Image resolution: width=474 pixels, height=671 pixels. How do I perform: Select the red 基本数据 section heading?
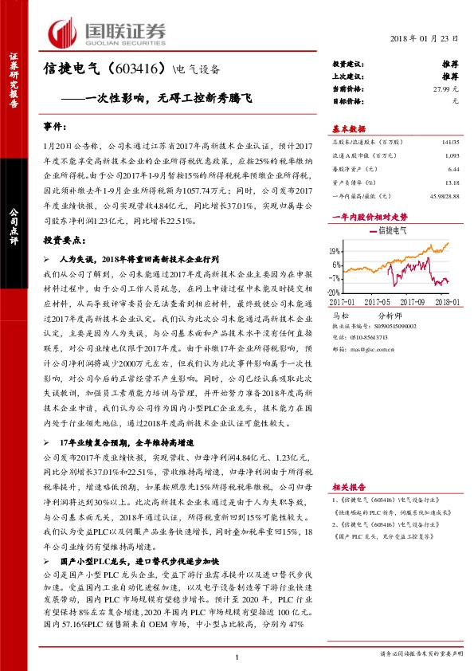(x=348, y=129)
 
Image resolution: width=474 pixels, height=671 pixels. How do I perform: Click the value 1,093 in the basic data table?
(x=452, y=155)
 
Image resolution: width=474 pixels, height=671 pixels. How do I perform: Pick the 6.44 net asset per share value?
(x=454, y=170)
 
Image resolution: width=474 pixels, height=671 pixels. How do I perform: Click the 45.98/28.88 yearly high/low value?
(x=443, y=196)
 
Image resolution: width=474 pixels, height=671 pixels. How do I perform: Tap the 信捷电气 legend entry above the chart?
(x=390, y=230)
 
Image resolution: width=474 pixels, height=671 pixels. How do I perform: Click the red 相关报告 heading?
(x=348, y=486)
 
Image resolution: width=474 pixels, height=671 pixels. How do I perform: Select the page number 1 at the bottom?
(x=237, y=656)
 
